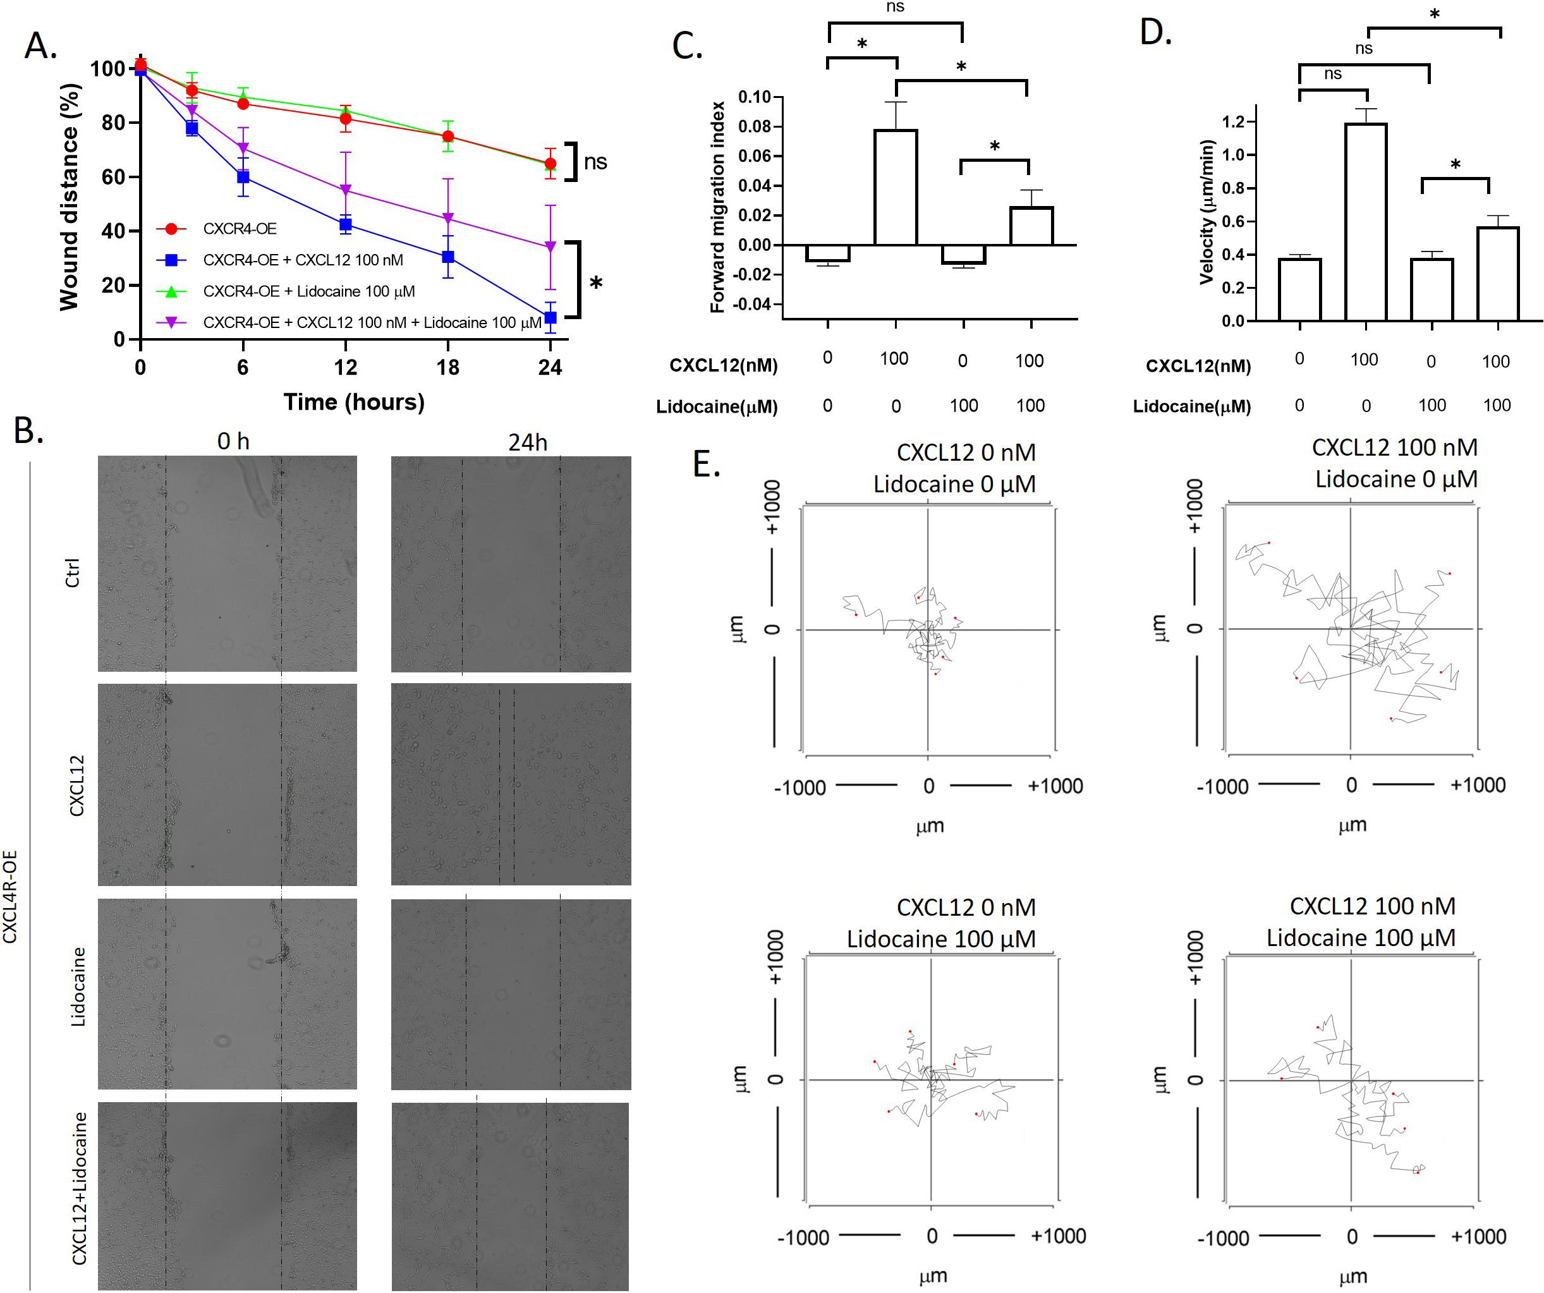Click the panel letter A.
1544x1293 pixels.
point(40,46)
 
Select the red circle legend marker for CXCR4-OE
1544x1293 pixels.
point(171,229)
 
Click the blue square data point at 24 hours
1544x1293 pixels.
point(550,317)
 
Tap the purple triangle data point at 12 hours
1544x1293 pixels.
point(345,191)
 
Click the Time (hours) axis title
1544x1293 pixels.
point(354,401)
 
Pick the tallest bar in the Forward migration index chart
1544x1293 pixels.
point(895,188)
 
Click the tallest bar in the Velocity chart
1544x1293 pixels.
point(1365,222)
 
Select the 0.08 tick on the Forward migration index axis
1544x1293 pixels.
point(755,126)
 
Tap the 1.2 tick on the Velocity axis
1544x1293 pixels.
point(1233,121)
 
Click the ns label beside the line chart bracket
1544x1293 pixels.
point(595,162)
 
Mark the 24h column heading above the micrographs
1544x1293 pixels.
point(528,442)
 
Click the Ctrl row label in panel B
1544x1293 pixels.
point(72,572)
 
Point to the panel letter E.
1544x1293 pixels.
point(707,464)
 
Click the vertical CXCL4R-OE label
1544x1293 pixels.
point(9,896)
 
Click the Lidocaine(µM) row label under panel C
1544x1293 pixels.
point(717,406)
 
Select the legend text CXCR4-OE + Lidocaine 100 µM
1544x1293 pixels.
point(309,291)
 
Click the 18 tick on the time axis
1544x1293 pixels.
point(447,367)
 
